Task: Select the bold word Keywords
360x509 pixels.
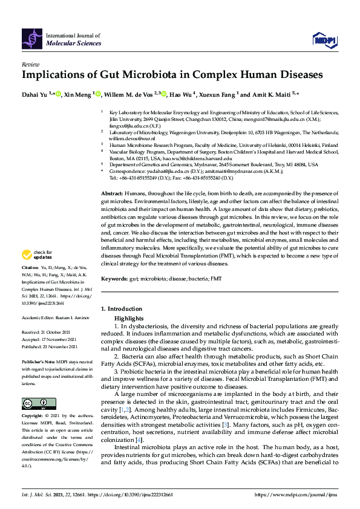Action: tap(114, 279)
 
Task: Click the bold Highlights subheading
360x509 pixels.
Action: tap(129, 318)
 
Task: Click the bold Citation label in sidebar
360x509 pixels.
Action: tap(30, 284)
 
